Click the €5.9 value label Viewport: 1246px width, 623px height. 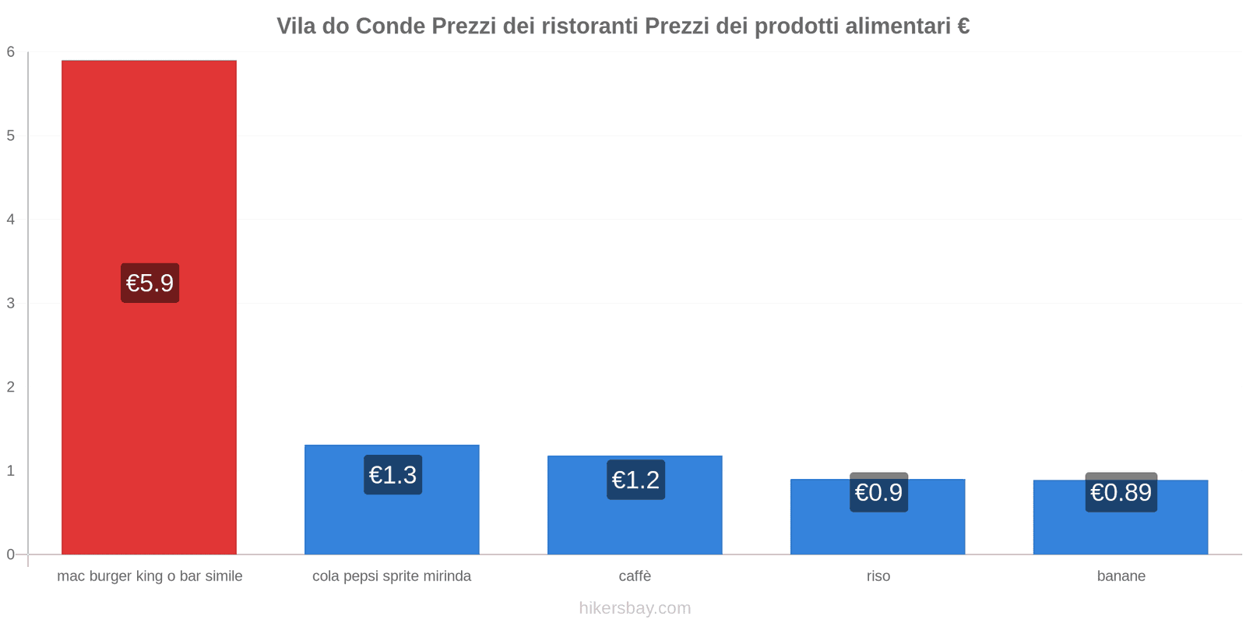tap(150, 283)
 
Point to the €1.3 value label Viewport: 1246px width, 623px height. tap(392, 475)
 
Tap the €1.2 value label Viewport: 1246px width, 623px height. tap(635, 480)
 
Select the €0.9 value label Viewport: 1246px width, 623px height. tap(878, 492)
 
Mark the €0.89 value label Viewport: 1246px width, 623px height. tap(1121, 492)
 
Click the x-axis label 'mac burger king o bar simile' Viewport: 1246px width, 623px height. tap(150, 576)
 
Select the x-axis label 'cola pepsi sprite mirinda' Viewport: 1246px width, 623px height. tap(392, 576)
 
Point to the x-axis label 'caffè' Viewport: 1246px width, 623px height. tap(635, 576)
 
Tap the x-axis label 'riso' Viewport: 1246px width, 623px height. tap(878, 576)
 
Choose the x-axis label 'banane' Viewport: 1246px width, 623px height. tap(1121, 576)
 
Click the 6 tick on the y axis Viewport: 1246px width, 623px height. tap(11, 52)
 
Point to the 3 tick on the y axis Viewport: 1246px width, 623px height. tap(11, 303)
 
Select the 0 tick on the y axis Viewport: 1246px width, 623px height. tap(11, 554)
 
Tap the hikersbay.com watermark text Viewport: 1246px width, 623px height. tap(635, 608)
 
